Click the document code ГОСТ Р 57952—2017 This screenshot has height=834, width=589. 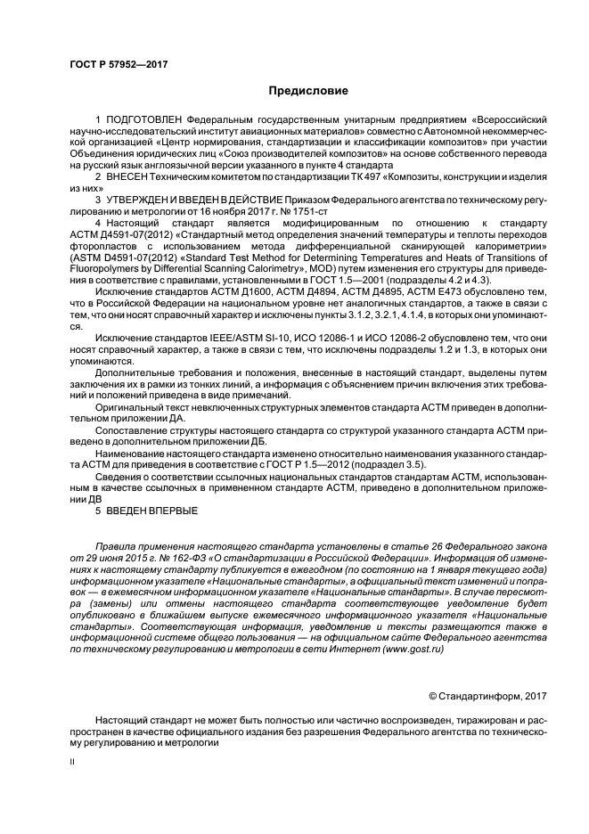tap(119, 63)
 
